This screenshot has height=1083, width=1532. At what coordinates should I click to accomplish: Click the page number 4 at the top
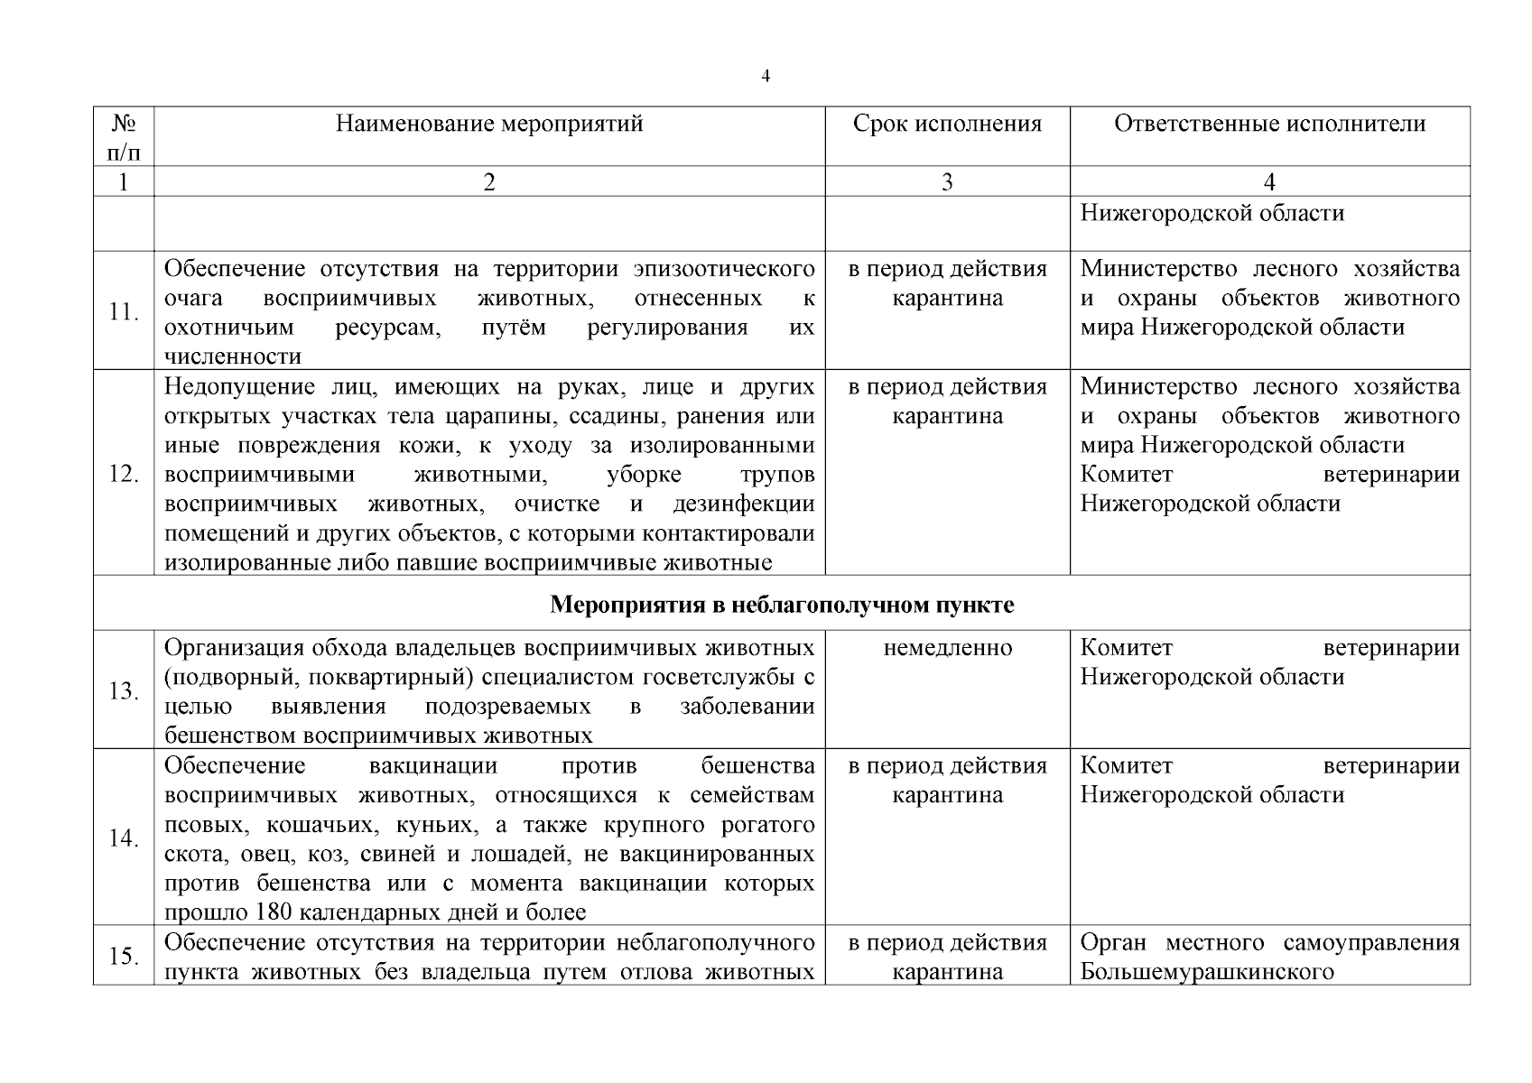[x=766, y=77]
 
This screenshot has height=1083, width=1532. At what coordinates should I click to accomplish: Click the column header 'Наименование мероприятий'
[x=489, y=124]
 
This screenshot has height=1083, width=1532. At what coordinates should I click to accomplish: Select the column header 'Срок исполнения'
[x=947, y=124]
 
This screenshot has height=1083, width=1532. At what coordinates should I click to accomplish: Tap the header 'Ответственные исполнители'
[x=1269, y=124]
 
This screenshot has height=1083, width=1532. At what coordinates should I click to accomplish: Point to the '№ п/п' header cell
[x=124, y=136]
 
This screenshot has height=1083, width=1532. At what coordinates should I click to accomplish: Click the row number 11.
[x=124, y=312]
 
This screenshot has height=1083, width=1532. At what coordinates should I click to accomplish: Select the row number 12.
[x=124, y=474]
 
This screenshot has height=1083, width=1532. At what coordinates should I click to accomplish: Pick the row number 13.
[x=124, y=691]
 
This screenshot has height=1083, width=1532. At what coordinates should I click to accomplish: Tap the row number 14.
[x=124, y=838]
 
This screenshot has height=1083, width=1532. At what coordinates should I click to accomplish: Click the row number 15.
[x=124, y=957]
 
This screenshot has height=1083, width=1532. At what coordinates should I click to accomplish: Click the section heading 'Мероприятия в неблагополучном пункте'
[x=782, y=605]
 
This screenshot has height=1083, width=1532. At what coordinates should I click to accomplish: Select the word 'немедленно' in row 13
[x=947, y=648]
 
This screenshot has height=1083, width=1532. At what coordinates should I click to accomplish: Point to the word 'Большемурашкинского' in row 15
[x=1207, y=972]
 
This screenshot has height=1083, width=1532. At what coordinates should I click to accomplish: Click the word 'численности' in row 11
[x=233, y=356]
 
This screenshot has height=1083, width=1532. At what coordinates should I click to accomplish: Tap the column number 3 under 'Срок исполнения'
[x=947, y=182]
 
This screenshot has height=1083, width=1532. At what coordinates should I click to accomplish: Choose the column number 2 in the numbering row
[x=489, y=182]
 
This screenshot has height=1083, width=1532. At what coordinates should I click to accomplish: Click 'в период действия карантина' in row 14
[x=947, y=781]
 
